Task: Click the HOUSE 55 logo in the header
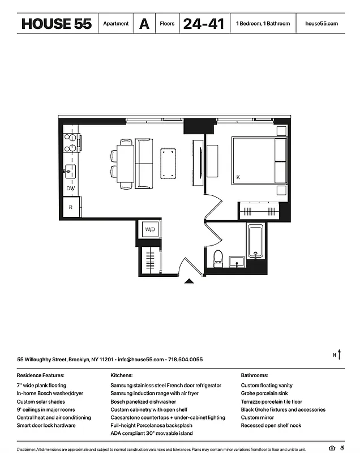pos(56,24)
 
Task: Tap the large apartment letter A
pos(145,24)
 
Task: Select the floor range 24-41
pos(203,24)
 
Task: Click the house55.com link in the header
pos(321,24)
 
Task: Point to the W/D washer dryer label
pos(150,230)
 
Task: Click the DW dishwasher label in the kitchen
pos(71,188)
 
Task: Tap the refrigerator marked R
pos(71,207)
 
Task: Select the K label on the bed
pos(238,178)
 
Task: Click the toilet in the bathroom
pos(218,258)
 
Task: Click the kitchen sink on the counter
pos(70,169)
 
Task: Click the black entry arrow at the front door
pos(190,279)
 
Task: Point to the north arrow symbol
pos(339,354)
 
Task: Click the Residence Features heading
pos(41,375)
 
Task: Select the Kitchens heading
pos(122,375)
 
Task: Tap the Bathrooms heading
pos(255,375)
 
